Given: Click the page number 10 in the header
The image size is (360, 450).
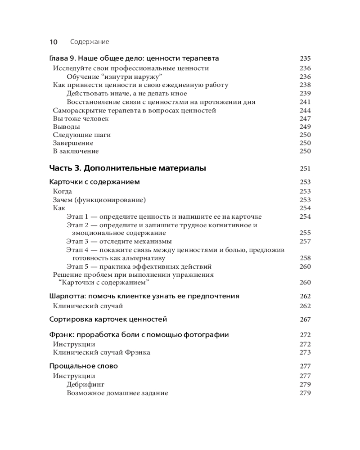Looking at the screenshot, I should pyautogui.click(x=53, y=42).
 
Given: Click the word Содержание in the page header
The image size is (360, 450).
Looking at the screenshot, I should pyautogui.click(x=90, y=42).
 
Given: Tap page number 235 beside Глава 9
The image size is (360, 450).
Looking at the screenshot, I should pyautogui.click(x=305, y=58).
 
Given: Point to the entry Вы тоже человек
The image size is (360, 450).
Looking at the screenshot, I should pyautogui.click(x=81, y=119).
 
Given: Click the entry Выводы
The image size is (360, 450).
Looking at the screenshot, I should pyautogui.click(x=67, y=127).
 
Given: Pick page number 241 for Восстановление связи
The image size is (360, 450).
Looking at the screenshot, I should pyautogui.click(x=305, y=102).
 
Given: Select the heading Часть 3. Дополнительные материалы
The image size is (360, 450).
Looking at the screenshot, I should pyautogui.click(x=127, y=169).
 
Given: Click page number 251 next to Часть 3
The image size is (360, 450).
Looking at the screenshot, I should pyautogui.click(x=305, y=169).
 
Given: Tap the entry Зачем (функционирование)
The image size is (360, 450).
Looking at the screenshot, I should pyautogui.click(x=99, y=200).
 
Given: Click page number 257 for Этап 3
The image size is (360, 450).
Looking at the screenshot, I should pyautogui.click(x=305, y=241).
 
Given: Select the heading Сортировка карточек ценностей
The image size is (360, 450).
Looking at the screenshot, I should pyautogui.click(x=108, y=319).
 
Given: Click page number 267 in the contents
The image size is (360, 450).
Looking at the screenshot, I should pyautogui.click(x=305, y=319).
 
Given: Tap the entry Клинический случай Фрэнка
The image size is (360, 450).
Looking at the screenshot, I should pyautogui.click(x=101, y=352).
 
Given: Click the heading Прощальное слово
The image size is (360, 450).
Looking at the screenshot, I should pyautogui.click(x=83, y=366).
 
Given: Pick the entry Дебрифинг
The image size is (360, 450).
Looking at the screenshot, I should pyautogui.click(x=85, y=385).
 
